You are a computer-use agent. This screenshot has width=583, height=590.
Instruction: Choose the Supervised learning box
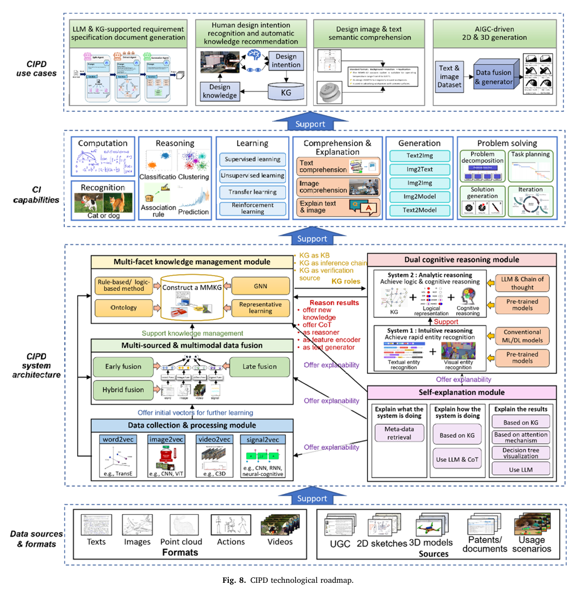253,160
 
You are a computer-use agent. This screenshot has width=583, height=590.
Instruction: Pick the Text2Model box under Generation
419,210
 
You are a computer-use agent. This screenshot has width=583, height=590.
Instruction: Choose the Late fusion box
259,366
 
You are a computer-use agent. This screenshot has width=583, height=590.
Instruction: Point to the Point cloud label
181,541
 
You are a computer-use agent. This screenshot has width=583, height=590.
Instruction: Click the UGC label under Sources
340,544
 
